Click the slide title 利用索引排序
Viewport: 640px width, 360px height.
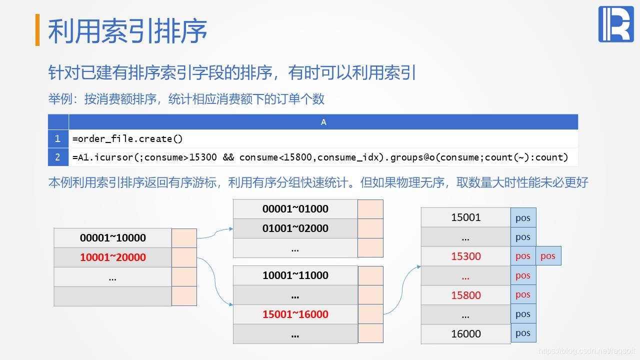coord(127,31)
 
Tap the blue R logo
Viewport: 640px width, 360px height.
coord(615,24)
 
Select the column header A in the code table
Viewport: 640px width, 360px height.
coord(323,122)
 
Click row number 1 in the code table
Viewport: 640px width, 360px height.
coord(58,138)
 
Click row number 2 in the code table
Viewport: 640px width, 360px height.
coord(58,157)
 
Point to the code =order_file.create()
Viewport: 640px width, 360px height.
coord(127,138)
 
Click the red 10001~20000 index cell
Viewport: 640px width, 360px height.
coord(112,257)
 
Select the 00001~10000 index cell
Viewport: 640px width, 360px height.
coord(112,238)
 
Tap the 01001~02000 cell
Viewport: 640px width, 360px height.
coord(295,228)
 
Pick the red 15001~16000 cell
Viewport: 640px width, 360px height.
coord(295,314)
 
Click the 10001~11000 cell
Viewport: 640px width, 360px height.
coord(295,275)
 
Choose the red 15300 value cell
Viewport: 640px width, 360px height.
coord(465,256)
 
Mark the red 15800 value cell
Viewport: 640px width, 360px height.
coord(465,295)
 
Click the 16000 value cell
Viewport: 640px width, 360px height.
coord(465,333)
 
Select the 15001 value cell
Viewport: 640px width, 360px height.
coord(465,217)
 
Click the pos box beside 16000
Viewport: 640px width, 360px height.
coord(523,333)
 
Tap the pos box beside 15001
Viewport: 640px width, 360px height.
coord(523,218)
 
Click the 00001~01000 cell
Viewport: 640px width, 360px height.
coord(295,209)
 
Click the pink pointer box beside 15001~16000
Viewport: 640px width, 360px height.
coord(370,314)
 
